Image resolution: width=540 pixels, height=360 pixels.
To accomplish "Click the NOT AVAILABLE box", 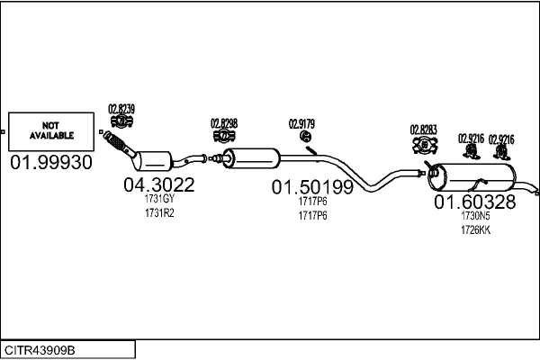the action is click(x=51, y=131).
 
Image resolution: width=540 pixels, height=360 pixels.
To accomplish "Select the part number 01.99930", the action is click(x=51, y=162).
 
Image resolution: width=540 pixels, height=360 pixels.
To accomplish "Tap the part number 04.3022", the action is click(x=159, y=185).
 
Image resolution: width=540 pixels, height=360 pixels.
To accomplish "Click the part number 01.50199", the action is click(x=312, y=187).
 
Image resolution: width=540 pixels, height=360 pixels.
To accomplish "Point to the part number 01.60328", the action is click(x=475, y=202).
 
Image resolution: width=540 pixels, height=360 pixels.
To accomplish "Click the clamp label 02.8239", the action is click(x=121, y=109).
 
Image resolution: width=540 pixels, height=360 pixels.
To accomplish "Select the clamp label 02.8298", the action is click(x=224, y=123).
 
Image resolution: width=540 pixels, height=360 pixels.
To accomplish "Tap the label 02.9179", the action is click(x=301, y=124).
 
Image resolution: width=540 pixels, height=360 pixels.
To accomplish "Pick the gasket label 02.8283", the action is click(x=423, y=130).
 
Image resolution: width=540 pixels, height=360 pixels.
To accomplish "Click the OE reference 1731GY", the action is click(x=159, y=199).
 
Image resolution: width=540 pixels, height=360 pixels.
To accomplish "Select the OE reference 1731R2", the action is click(x=159, y=213).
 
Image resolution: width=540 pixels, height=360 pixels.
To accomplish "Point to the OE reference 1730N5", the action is click(x=475, y=216).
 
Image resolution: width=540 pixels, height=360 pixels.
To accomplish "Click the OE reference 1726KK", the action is click(x=475, y=230).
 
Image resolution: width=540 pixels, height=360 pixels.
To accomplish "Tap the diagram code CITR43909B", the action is click(x=40, y=350).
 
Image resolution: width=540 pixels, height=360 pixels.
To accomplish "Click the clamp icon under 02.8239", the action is click(x=121, y=121).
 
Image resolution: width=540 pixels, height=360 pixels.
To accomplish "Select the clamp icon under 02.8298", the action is click(x=224, y=136).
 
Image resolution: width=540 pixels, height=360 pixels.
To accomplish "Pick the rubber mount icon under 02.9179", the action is click(x=305, y=136).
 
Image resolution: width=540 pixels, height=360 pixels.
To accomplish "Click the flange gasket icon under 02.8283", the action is click(x=425, y=145).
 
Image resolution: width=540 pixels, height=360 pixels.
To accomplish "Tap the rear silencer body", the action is click(x=472, y=177).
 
